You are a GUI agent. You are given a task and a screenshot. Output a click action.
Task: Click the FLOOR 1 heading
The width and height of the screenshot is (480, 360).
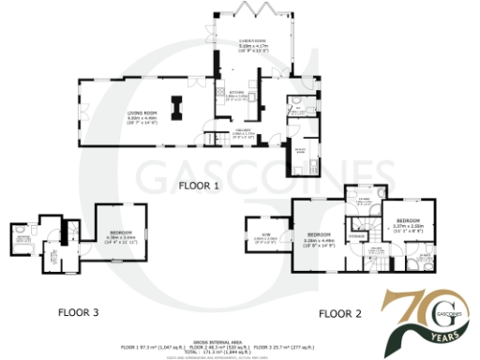(x=198, y=186)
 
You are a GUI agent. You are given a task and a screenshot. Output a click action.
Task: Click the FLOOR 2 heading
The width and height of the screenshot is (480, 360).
(x=339, y=313)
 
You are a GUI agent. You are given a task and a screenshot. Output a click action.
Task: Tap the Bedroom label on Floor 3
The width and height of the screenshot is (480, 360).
(x=123, y=234)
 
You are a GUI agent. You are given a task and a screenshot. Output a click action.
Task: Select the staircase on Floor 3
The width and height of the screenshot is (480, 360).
(x=70, y=230)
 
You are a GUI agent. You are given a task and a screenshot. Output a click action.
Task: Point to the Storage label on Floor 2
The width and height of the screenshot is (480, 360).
(x=357, y=235)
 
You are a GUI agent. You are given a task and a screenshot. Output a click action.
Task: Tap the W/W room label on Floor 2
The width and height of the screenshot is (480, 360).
(x=264, y=237)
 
